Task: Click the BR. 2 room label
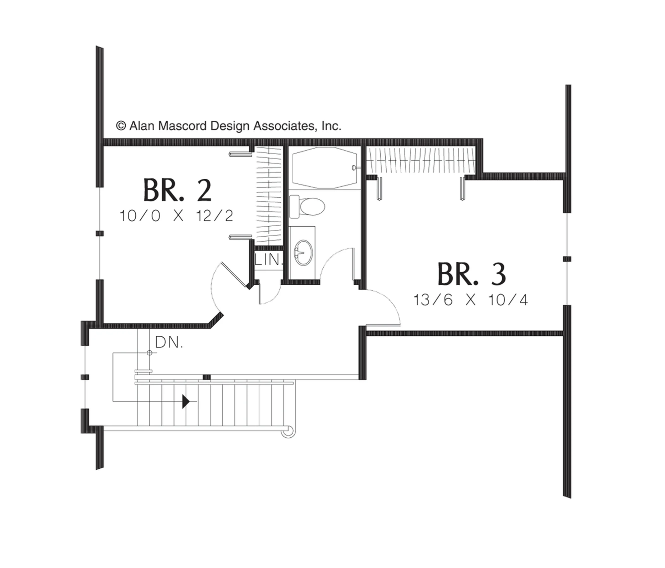(x=177, y=190)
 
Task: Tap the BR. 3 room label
(x=471, y=274)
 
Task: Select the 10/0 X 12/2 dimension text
(x=176, y=216)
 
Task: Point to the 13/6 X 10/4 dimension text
(x=470, y=300)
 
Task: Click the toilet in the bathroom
(x=307, y=206)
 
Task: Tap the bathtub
(x=325, y=168)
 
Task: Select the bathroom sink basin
(x=303, y=253)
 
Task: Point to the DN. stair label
(x=169, y=342)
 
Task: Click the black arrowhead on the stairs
(x=186, y=401)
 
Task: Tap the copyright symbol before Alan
(x=121, y=126)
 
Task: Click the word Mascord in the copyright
(x=183, y=126)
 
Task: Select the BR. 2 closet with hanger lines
(x=269, y=196)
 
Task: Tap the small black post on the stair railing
(x=206, y=377)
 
